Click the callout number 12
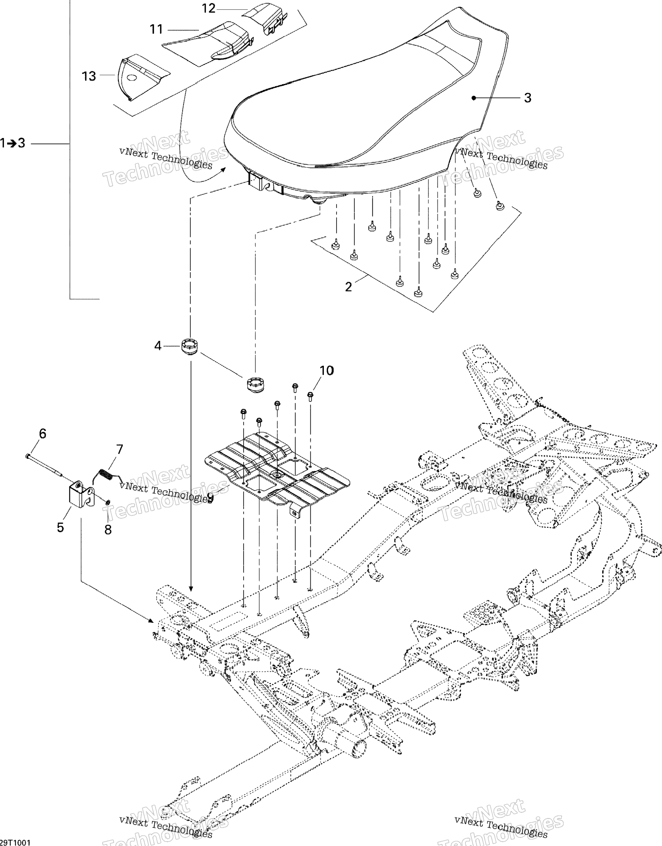[x=209, y=8]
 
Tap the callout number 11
[x=157, y=29]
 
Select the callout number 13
[x=89, y=76]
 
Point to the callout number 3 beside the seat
[x=527, y=98]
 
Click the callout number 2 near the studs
[x=348, y=287]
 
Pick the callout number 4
[x=158, y=346]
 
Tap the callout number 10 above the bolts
[x=326, y=371]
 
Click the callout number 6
[x=42, y=433]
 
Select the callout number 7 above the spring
[x=119, y=449]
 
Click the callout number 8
[x=108, y=529]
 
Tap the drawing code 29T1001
[x=15, y=842]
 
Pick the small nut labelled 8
[x=107, y=502]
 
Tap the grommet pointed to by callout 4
[x=190, y=346]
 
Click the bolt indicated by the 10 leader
[x=310, y=395]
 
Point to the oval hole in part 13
[x=132, y=78]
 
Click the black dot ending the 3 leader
[x=474, y=98]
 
